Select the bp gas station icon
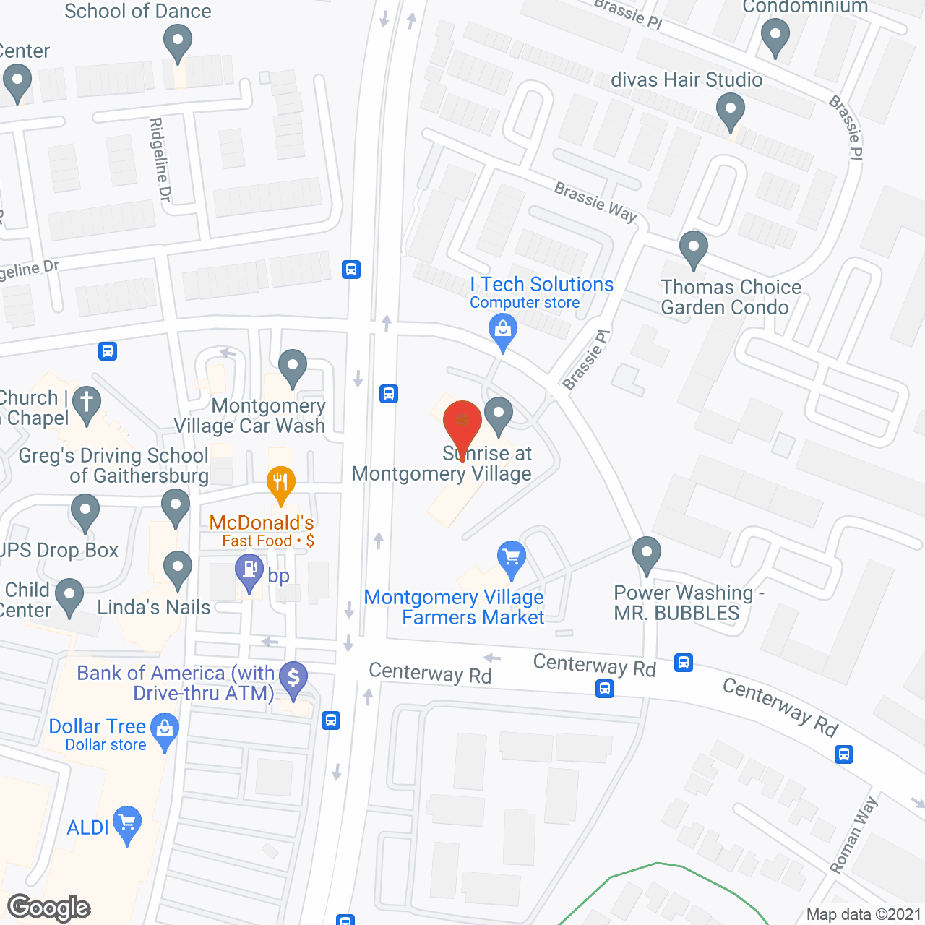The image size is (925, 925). tap(249, 570)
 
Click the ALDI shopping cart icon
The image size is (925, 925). tap(127, 822)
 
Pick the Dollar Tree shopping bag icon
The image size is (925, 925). tap(165, 730)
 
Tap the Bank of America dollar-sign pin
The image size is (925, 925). tap(293, 679)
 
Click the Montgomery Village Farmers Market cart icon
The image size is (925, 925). tap(512, 558)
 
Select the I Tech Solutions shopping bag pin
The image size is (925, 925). tap(503, 330)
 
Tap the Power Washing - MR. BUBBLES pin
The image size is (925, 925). tap(647, 554)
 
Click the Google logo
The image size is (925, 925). tap(49, 908)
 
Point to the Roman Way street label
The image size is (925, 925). tap(854, 835)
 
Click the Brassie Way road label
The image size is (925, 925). tap(595, 202)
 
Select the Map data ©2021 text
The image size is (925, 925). tap(864, 915)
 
